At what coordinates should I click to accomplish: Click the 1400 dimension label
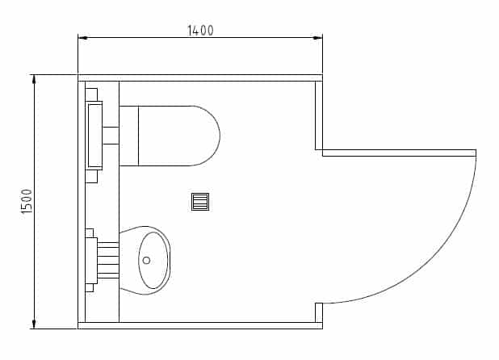coord(200,31)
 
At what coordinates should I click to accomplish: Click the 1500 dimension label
coord(27,201)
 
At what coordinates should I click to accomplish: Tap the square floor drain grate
coord(200,202)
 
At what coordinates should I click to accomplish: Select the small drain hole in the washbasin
coord(146,261)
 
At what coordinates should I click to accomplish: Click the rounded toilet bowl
coord(179,136)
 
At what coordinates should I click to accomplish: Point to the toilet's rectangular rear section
coord(129,136)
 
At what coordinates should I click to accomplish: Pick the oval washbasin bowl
coord(153,261)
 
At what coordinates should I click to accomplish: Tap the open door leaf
coord(399,153)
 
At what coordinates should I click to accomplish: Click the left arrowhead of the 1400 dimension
coord(82,37)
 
